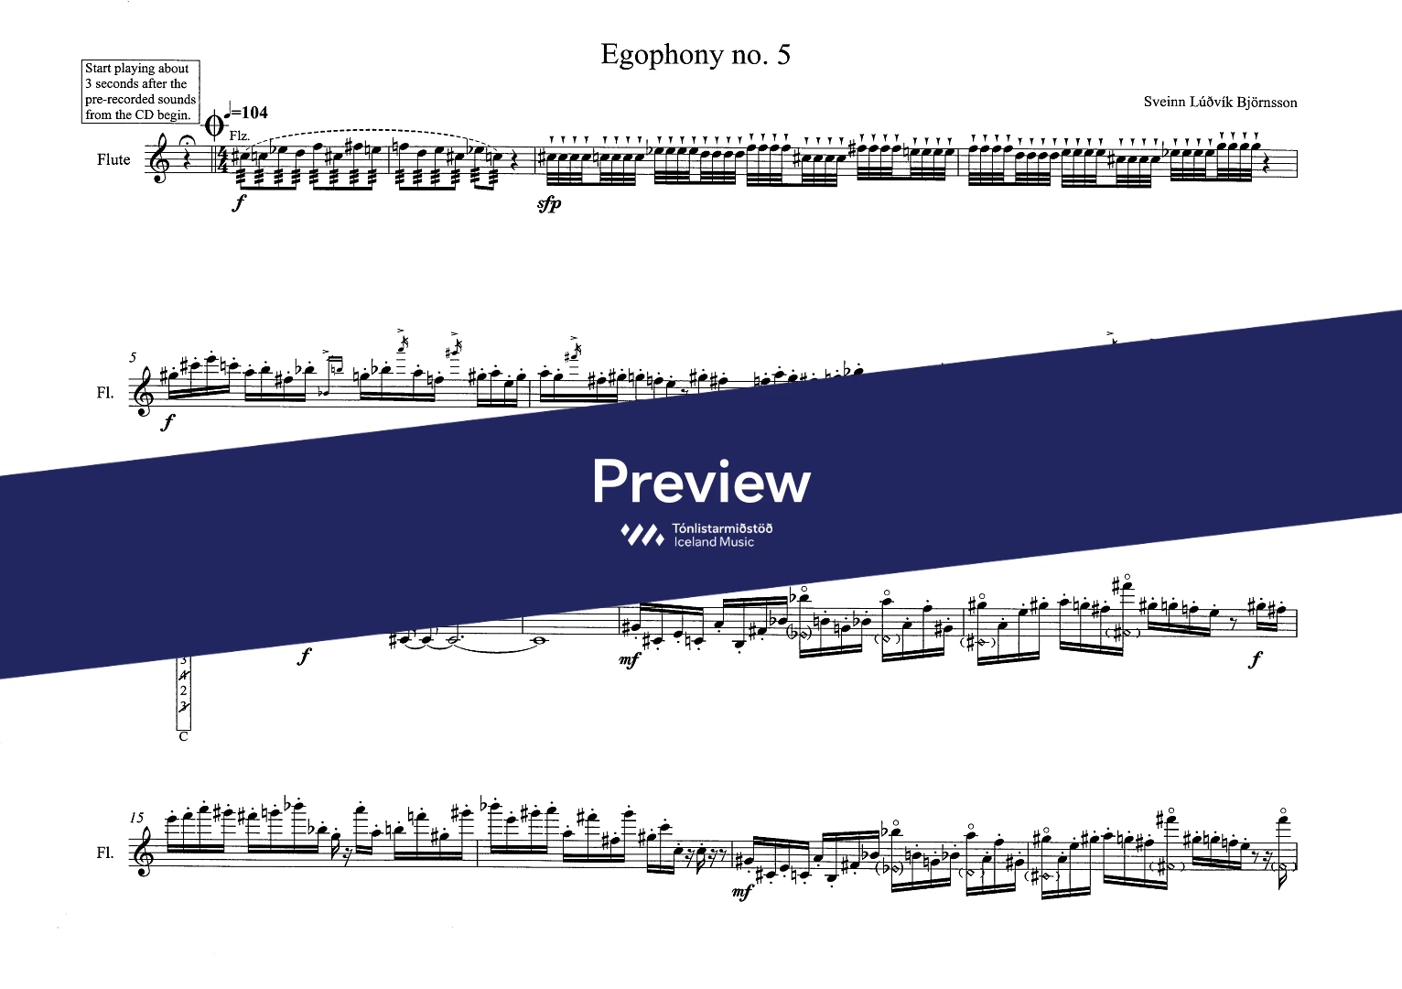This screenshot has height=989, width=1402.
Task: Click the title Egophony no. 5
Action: (695, 55)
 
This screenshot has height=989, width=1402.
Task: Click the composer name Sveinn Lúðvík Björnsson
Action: (1220, 102)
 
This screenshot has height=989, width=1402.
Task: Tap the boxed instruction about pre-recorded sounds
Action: (140, 92)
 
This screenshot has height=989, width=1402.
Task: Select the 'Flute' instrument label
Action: (113, 159)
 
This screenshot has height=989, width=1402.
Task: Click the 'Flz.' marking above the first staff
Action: (239, 135)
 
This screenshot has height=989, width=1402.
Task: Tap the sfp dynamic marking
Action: (549, 204)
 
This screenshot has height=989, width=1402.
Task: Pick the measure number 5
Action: (134, 357)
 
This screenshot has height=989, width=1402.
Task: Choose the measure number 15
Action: (137, 817)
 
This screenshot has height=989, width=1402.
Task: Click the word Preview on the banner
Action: (701, 482)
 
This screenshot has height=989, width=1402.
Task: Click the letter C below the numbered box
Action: (183, 736)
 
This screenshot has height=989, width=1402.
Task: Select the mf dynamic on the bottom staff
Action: (743, 890)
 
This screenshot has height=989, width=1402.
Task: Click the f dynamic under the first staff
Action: (239, 203)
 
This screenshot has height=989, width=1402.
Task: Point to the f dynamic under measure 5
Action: (167, 424)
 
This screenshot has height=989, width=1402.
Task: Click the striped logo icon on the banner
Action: (642, 535)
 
